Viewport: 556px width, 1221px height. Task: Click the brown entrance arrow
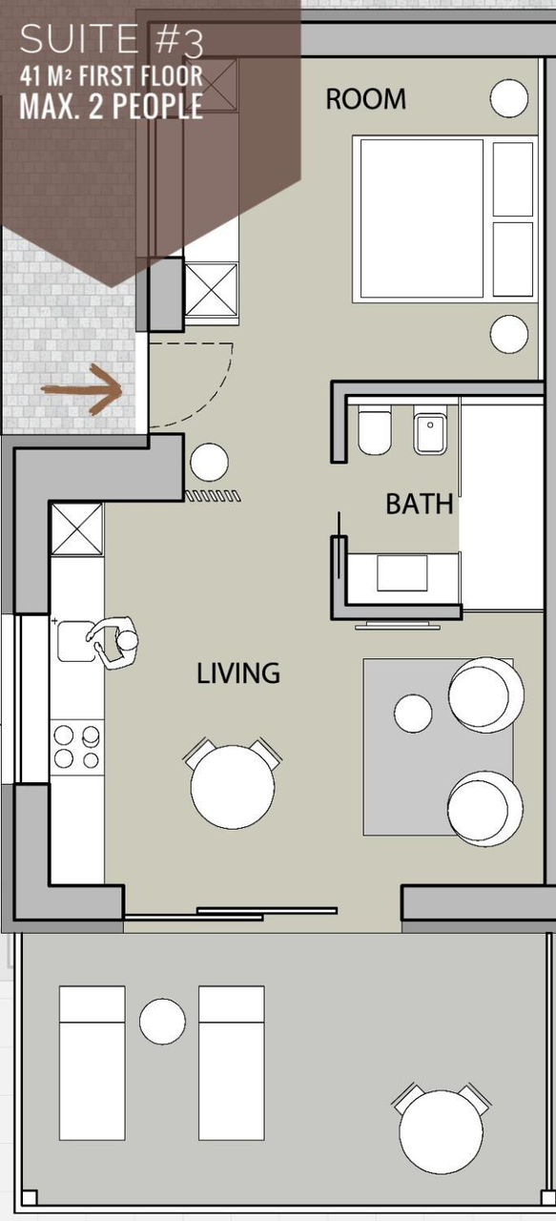[x=82, y=389]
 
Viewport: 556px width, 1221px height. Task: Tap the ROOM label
[x=366, y=99]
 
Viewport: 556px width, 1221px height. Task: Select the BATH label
[x=420, y=505]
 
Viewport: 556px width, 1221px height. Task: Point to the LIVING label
[x=238, y=673]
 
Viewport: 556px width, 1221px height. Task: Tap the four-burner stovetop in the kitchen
[x=77, y=746]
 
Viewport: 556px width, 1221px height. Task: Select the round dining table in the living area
[x=233, y=787]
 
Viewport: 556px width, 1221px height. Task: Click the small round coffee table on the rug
[x=413, y=713]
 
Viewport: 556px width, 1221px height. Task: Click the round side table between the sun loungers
[x=162, y=1022]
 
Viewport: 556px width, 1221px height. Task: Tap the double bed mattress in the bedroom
[x=422, y=218]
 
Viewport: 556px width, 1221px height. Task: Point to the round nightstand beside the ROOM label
[x=509, y=98]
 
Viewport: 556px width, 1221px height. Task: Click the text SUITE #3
[x=112, y=41]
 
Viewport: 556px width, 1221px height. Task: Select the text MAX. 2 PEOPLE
[x=112, y=106]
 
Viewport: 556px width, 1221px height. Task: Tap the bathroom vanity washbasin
[x=402, y=573]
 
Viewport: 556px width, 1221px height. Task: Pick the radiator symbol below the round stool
[x=213, y=496]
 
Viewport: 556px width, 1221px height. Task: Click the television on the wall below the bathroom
[x=398, y=625]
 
